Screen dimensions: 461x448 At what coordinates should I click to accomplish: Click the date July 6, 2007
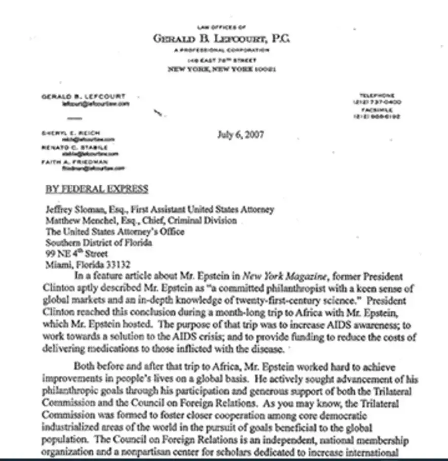(x=240, y=135)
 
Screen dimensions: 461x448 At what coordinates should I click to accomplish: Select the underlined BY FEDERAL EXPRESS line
(x=97, y=189)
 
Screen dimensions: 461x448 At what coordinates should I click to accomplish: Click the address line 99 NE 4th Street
(x=77, y=253)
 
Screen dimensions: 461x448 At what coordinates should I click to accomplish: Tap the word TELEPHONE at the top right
(x=376, y=95)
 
